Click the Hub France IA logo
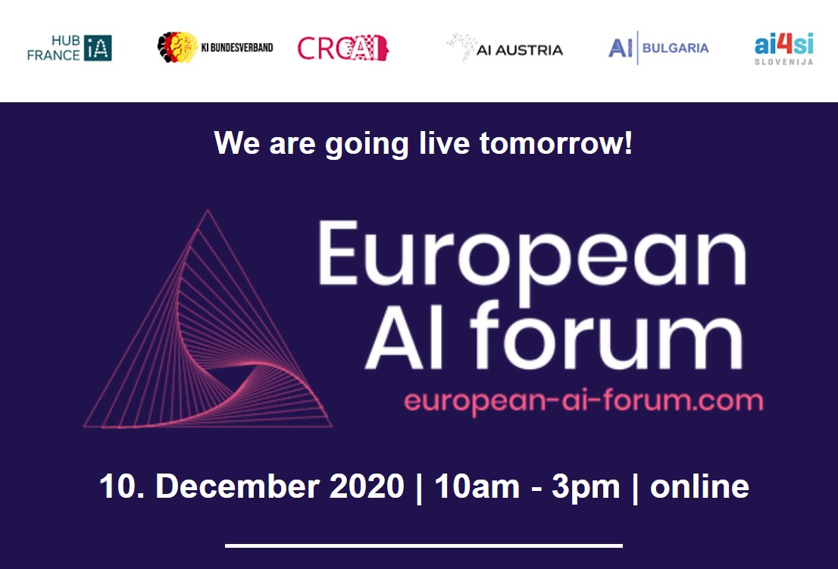click(70, 48)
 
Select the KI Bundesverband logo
click(215, 48)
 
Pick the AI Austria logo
click(505, 48)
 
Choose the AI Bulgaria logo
click(658, 48)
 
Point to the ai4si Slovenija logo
click(783, 49)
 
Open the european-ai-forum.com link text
click(583, 400)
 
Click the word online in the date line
click(699, 487)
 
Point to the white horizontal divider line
click(424, 545)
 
